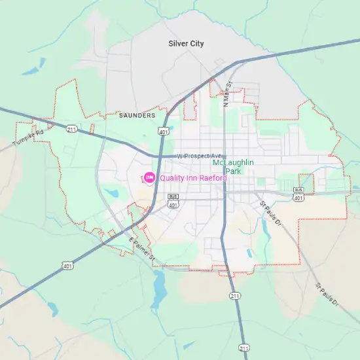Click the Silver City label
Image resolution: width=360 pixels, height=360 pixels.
point(186,44)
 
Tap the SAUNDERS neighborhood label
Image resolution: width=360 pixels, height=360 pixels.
point(137,115)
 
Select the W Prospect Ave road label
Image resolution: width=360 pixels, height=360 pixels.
point(200,156)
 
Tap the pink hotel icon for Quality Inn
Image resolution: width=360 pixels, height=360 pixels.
point(149,177)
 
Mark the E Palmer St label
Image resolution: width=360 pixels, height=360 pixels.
point(141,249)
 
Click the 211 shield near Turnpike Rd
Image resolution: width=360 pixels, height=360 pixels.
point(71,128)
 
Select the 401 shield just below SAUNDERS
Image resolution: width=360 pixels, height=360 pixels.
point(163,132)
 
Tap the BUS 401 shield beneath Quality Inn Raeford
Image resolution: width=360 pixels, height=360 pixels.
point(173,201)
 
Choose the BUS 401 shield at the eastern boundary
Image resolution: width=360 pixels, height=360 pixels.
point(298,193)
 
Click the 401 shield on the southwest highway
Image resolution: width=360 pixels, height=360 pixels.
point(67,266)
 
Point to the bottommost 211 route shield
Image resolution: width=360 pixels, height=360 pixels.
point(244,347)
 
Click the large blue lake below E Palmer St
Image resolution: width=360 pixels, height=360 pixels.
point(158,287)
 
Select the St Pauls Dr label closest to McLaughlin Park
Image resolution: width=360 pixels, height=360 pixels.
point(270,213)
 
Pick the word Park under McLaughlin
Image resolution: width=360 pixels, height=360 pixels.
point(233,171)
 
